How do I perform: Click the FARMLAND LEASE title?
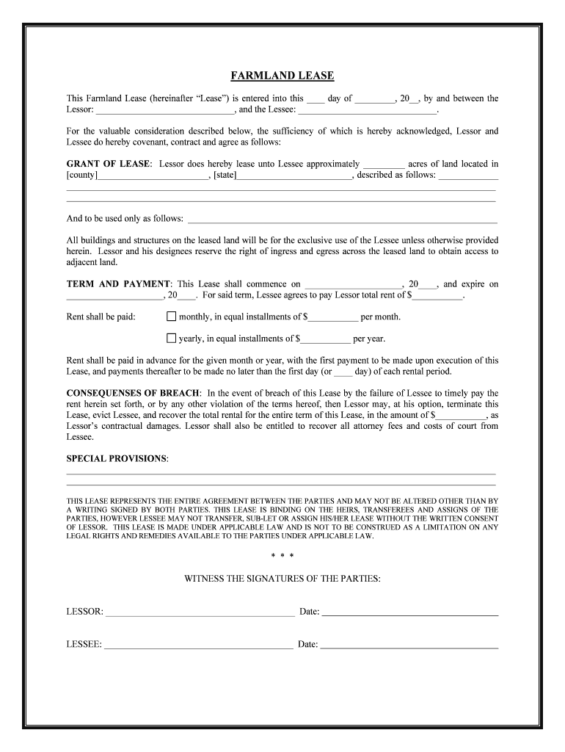coord(282,76)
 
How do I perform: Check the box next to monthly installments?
coord(172,317)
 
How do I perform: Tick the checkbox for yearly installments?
coord(172,339)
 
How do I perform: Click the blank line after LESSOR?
coord(200,611)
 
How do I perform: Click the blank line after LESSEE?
coord(198,644)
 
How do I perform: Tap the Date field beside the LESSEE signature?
coord(409,644)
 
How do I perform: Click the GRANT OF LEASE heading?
coord(109,164)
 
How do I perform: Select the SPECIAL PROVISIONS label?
coord(117,458)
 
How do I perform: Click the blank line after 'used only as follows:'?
coord(343,220)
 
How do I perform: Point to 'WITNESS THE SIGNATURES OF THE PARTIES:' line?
coord(282,579)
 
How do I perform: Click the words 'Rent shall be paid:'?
coord(101,317)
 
